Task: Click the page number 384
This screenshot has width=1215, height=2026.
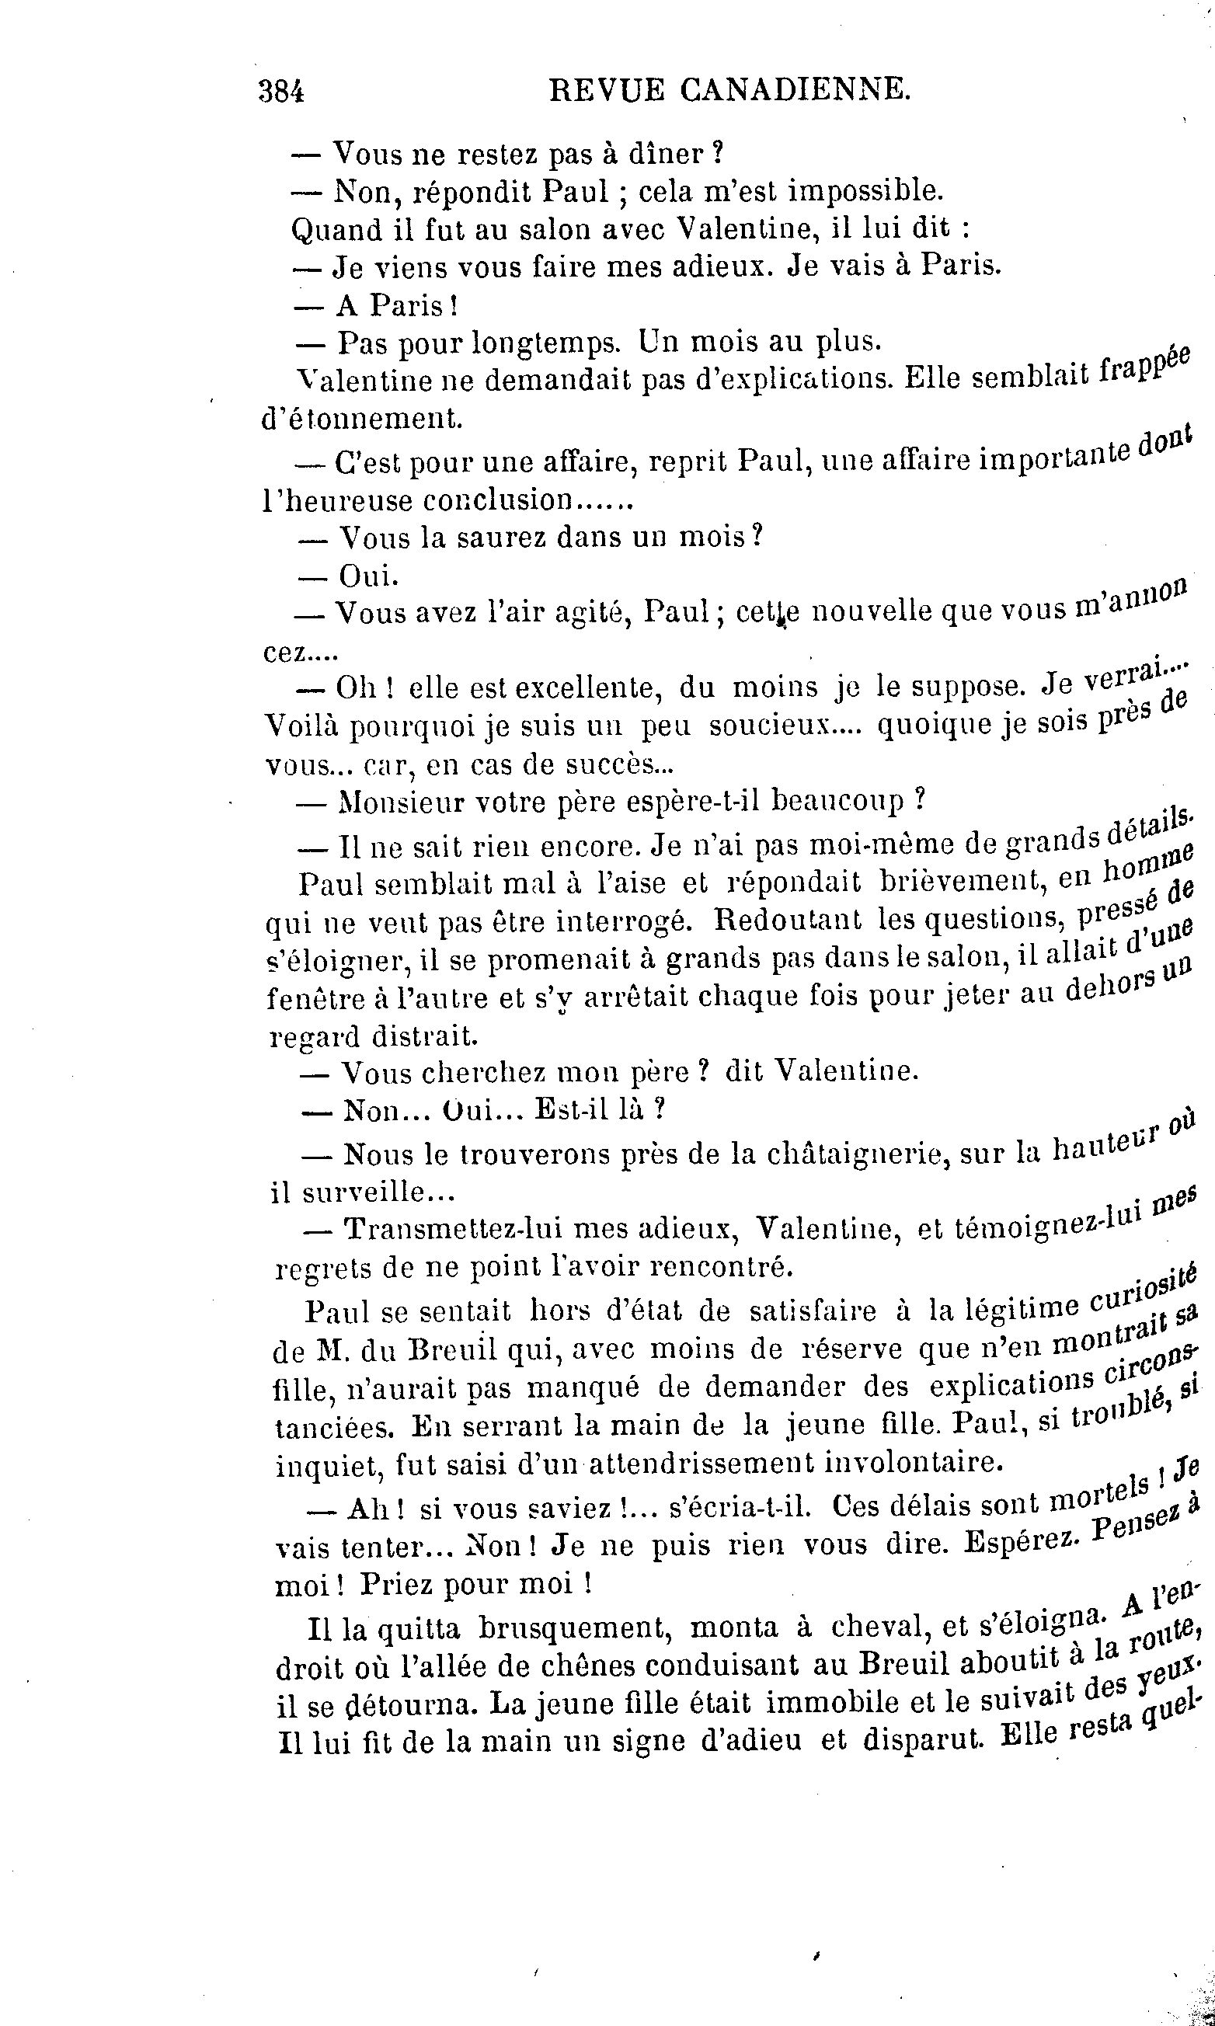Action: pos(280,92)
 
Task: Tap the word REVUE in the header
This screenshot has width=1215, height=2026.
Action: pos(607,90)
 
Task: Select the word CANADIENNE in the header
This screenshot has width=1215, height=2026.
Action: pos(794,90)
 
